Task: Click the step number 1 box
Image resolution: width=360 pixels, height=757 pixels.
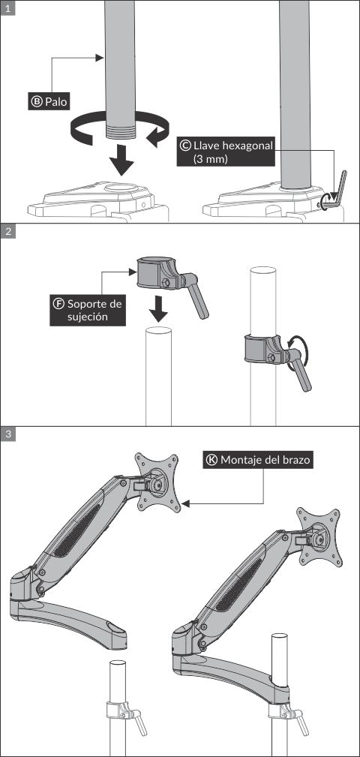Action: [7, 7]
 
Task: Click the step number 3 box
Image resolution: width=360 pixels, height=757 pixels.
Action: [7, 434]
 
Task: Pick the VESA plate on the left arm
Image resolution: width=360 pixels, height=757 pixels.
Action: [157, 483]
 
